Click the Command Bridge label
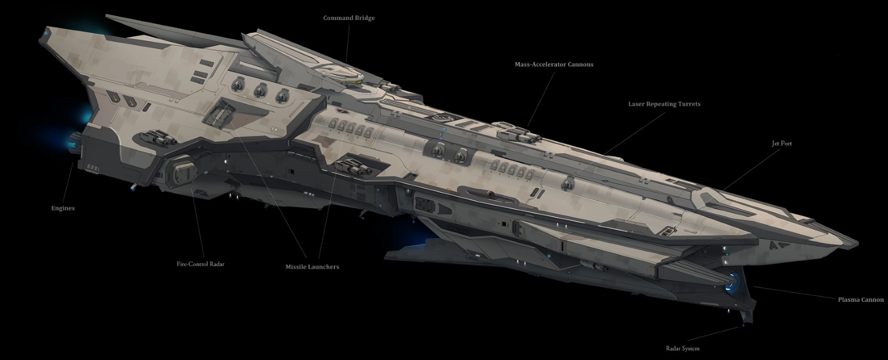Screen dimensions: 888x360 coord(349,18)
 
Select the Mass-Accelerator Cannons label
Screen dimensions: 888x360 coord(554,64)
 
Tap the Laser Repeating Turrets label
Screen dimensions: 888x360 coord(664,104)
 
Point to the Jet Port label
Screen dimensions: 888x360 coord(782,143)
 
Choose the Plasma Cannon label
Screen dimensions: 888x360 coord(860,300)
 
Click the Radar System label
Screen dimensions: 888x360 coord(682,348)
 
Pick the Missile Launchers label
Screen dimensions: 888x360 coord(312,267)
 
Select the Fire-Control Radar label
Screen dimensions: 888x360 coord(200,264)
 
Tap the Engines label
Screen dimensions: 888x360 coord(63,208)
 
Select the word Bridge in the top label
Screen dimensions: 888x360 coord(364,18)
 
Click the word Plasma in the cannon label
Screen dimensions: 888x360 coord(849,300)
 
